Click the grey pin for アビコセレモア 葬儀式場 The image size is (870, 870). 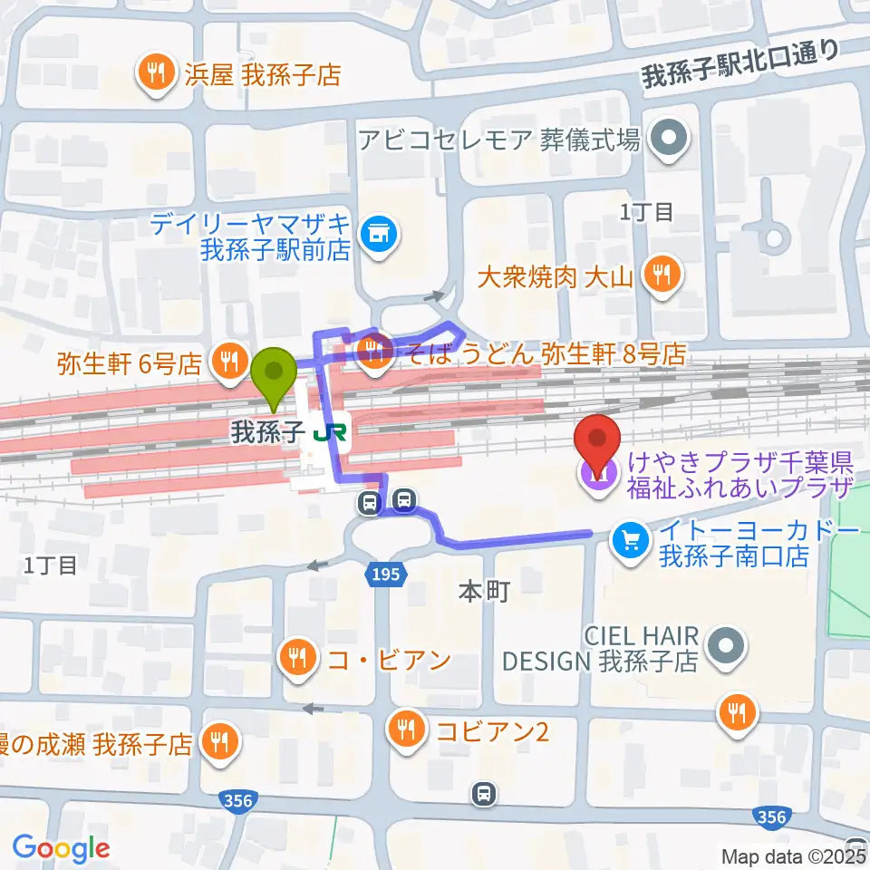click(x=671, y=140)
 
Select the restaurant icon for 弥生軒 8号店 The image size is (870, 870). click(x=372, y=353)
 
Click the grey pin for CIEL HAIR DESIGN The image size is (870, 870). click(x=724, y=647)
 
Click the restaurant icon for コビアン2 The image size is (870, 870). click(x=404, y=728)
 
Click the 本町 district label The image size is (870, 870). click(x=484, y=593)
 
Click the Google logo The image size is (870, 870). click(x=61, y=848)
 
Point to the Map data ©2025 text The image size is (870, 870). click(x=792, y=855)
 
